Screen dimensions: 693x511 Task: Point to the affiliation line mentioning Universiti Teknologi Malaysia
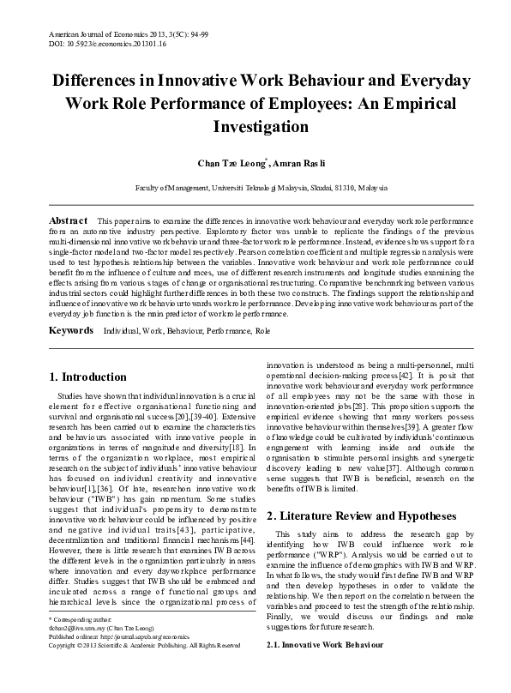(x=255, y=187)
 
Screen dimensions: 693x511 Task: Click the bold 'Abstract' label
(x=69, y=220)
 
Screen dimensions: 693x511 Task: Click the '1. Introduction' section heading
(x=88, y=377)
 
